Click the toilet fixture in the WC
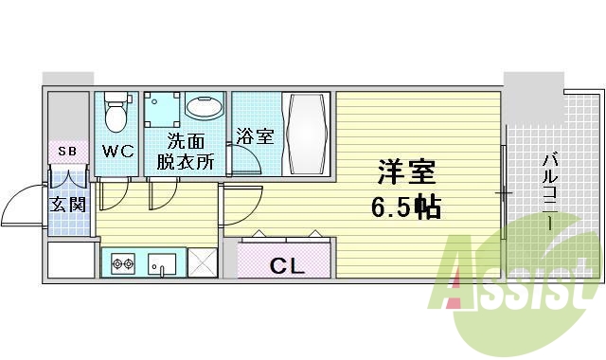coord(116,112)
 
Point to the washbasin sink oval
coord(205,107)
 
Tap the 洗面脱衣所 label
coord(190,152)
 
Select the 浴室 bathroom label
coord(256,136)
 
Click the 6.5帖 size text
coord(405,207)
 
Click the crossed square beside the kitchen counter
coord(202,262)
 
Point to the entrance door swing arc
coord(21,200)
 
